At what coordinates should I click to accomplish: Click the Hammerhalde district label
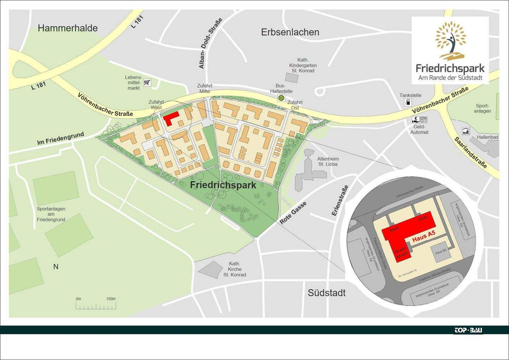pos(68,28)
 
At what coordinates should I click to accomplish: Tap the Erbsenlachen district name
pos(290,32)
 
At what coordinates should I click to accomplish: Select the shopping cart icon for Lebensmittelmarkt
pos(147,83)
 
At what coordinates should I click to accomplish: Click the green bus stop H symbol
pos(281,98)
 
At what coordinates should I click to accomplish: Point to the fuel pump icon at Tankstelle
pos(408,103)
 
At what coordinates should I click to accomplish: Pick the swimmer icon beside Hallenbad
pos(466,132)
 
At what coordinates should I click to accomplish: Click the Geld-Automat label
pos(419,129)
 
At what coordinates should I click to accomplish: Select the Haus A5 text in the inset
pos(423,237)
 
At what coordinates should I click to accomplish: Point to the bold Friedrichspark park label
pos(223,185)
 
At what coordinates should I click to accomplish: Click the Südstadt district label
pos(327,293)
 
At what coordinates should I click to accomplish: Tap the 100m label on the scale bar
pos(111,299)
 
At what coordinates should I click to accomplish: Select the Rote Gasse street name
pos(293,213)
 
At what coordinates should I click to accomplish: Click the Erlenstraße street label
pos(340,201)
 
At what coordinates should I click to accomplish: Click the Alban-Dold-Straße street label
pos(210,43)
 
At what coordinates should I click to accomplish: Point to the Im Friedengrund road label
pos(60,138)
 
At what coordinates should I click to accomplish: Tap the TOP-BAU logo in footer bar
pos(468,330)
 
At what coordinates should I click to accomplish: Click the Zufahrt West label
pos(156,105)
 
